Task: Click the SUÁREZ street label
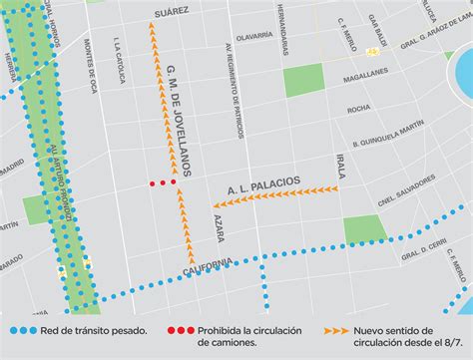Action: pyautogui.click(x=171, y=14)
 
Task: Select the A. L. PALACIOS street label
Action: pyautogui.click(x=262, y=183)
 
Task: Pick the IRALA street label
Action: pyautogui.click(x=340, y=167)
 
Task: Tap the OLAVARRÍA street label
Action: pyautogui.click(x=253, y=35)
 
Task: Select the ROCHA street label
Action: pyautogui.click(x=358, y=109)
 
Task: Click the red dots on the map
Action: pyautogui.click(x=163, y=182)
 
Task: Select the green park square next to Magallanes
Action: pyautogui.click(x=304, y=82)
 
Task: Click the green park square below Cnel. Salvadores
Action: pyautogui.click(x=364, y=228)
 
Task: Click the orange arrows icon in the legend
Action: pyautogui.click(x=335, y=330)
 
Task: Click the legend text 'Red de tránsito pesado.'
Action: pyautogui.click(x=94, y=330)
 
